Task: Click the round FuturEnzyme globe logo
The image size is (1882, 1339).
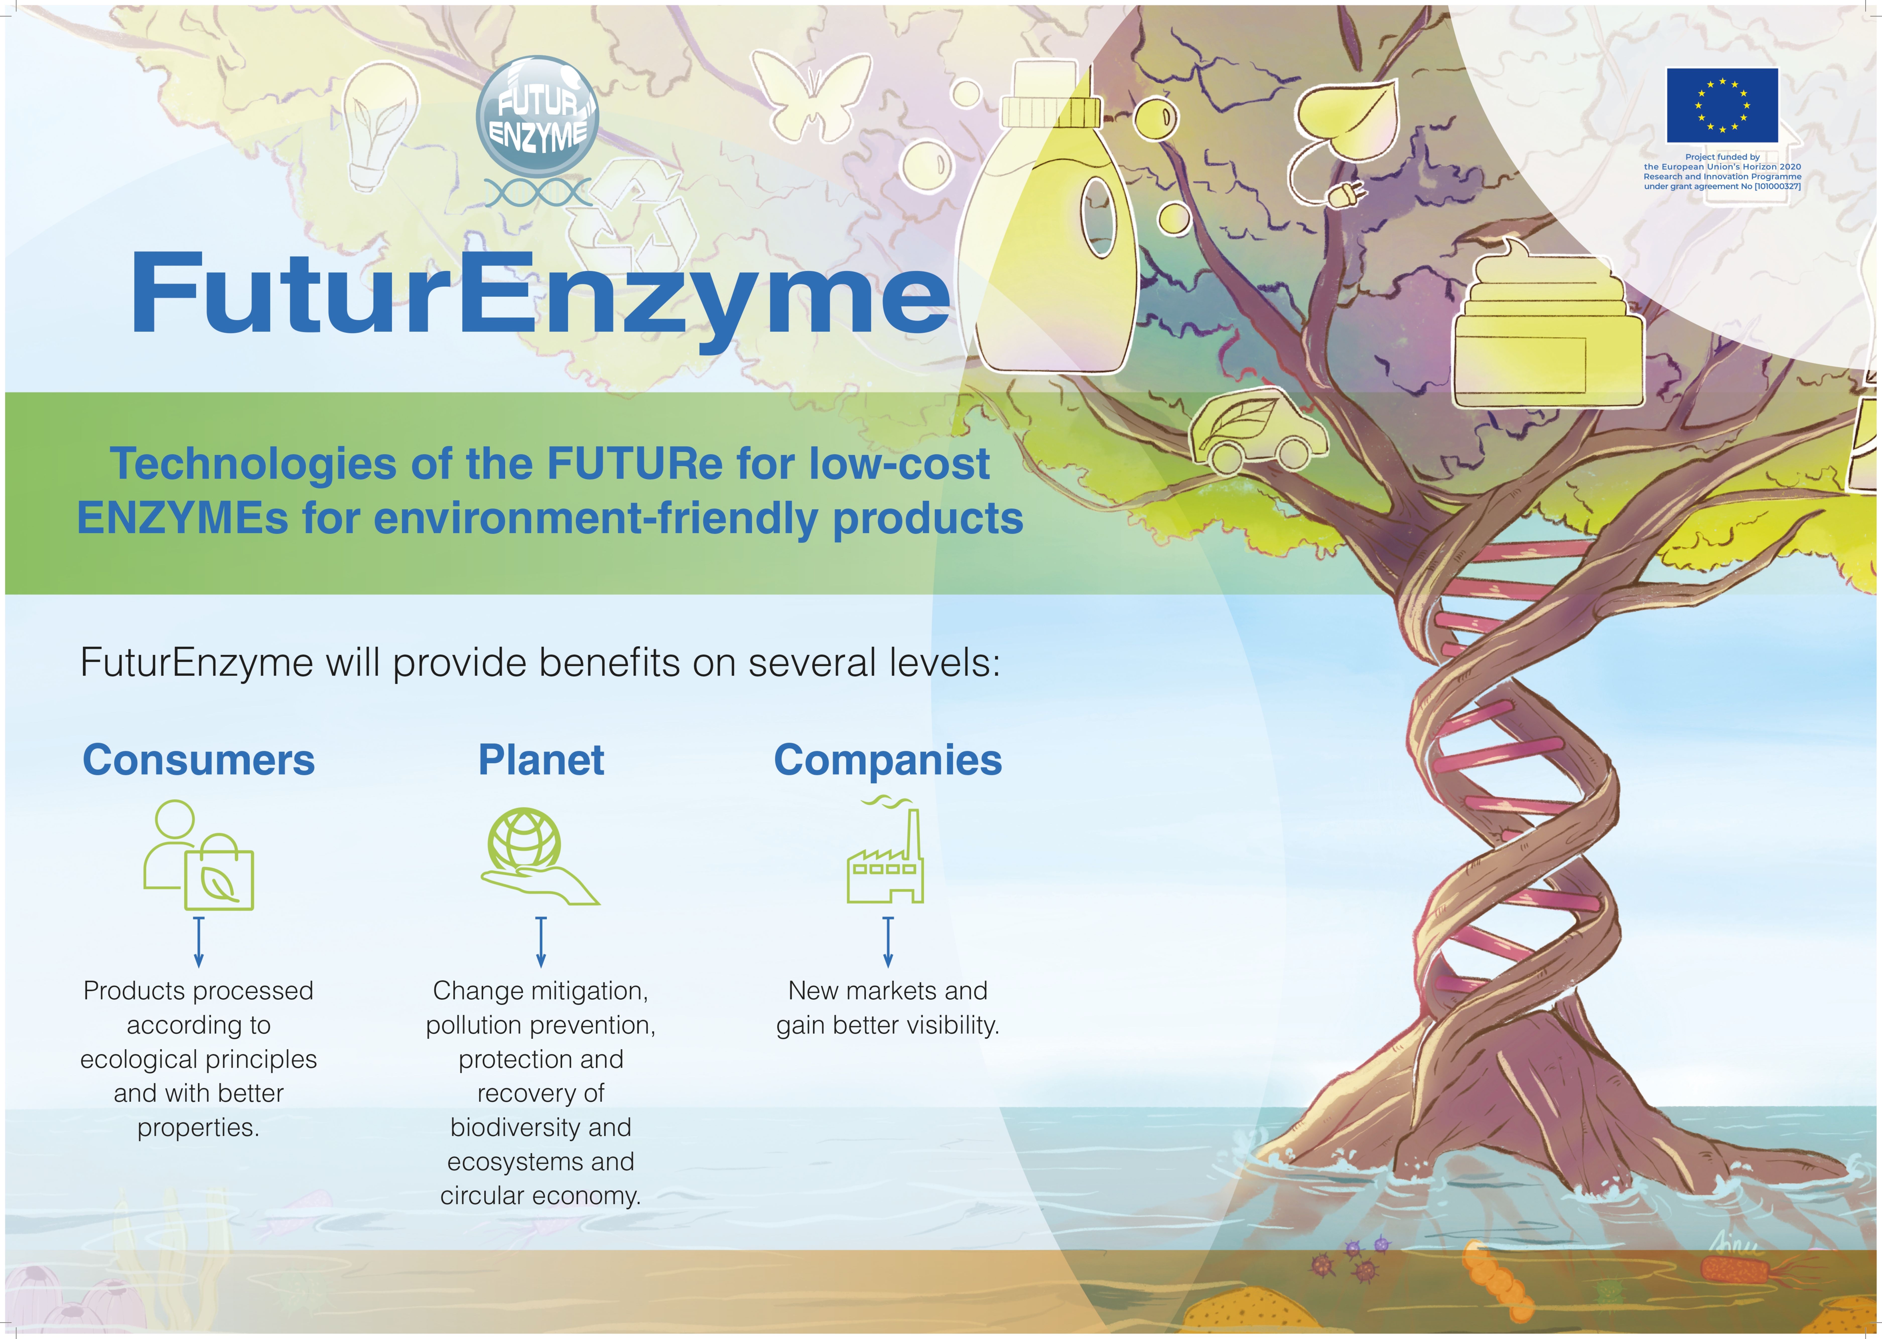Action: pos(537,117)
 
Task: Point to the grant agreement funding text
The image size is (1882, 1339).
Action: pos(1722,171)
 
